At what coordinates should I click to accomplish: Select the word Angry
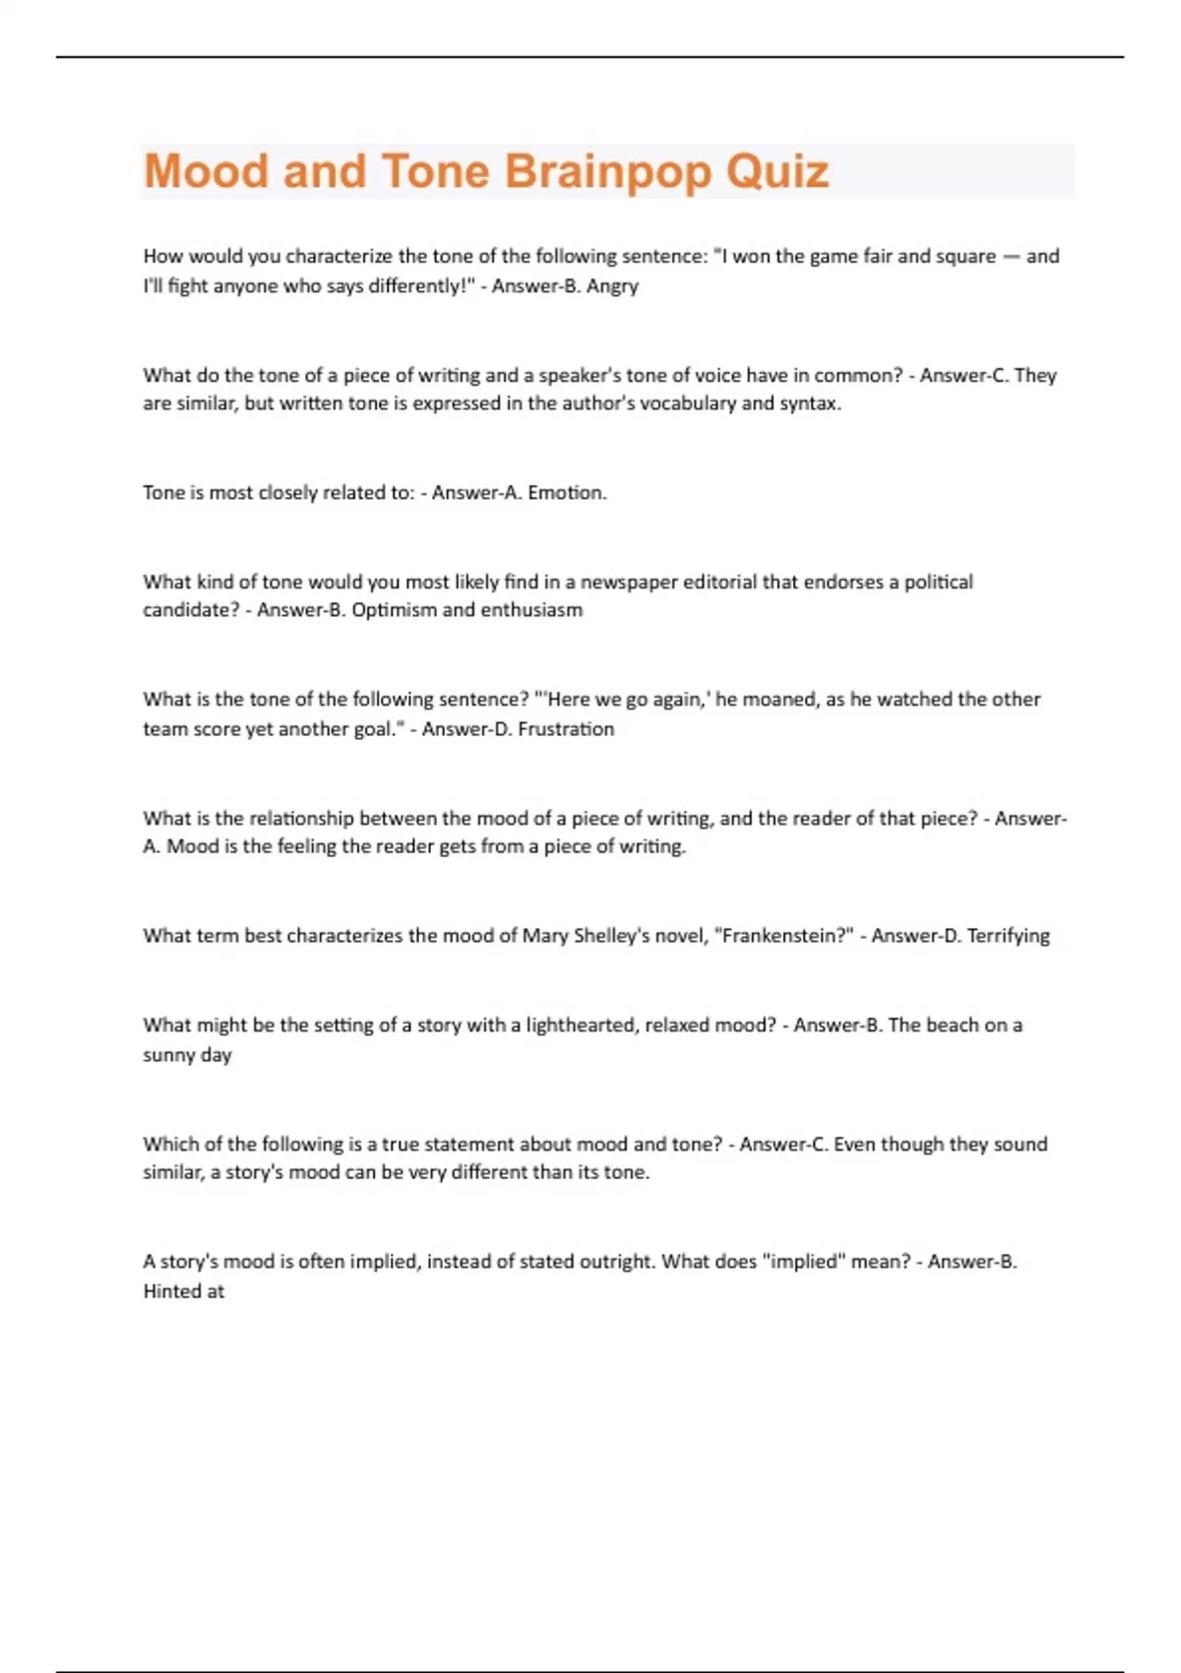click(612, 286)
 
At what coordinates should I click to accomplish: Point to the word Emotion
click(567, 492)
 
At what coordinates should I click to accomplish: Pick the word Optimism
click(394, 610)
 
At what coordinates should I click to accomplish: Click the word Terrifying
click(1008, 936)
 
